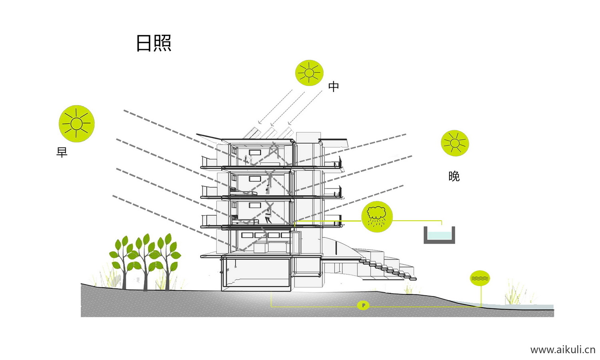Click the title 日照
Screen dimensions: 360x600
pyautogui.click(x=154, y=43)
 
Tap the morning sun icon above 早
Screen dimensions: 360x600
pyautogui.click(x=76, y=124)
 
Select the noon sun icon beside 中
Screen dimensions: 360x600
pyautogui.click(x=309, y=73)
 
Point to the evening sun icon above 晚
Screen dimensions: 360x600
pyautogui.click(x=455, y=143)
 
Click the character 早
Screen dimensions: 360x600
pyautogui.click(x=62, y=152)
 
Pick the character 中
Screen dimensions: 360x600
pyautogui.click(x=334, y=86)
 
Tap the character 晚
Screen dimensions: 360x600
pyautogui.click(x=454, y=176)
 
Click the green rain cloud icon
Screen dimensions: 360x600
pyautogui.click(x=377, y=216)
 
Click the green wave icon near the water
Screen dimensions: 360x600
pyautogui.click(x=480, y=278)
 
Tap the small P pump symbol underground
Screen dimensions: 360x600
pyautogui.click(x=363, y=306)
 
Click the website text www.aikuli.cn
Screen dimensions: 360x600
pyautogui.click(x=562, y=350)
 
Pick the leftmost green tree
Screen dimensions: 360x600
pyautogui.click(x=123, y=256)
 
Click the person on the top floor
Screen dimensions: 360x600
pyautogui.click(x=248, y=160)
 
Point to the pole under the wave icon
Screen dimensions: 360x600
pyautogui.click(x=481, y=296)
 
